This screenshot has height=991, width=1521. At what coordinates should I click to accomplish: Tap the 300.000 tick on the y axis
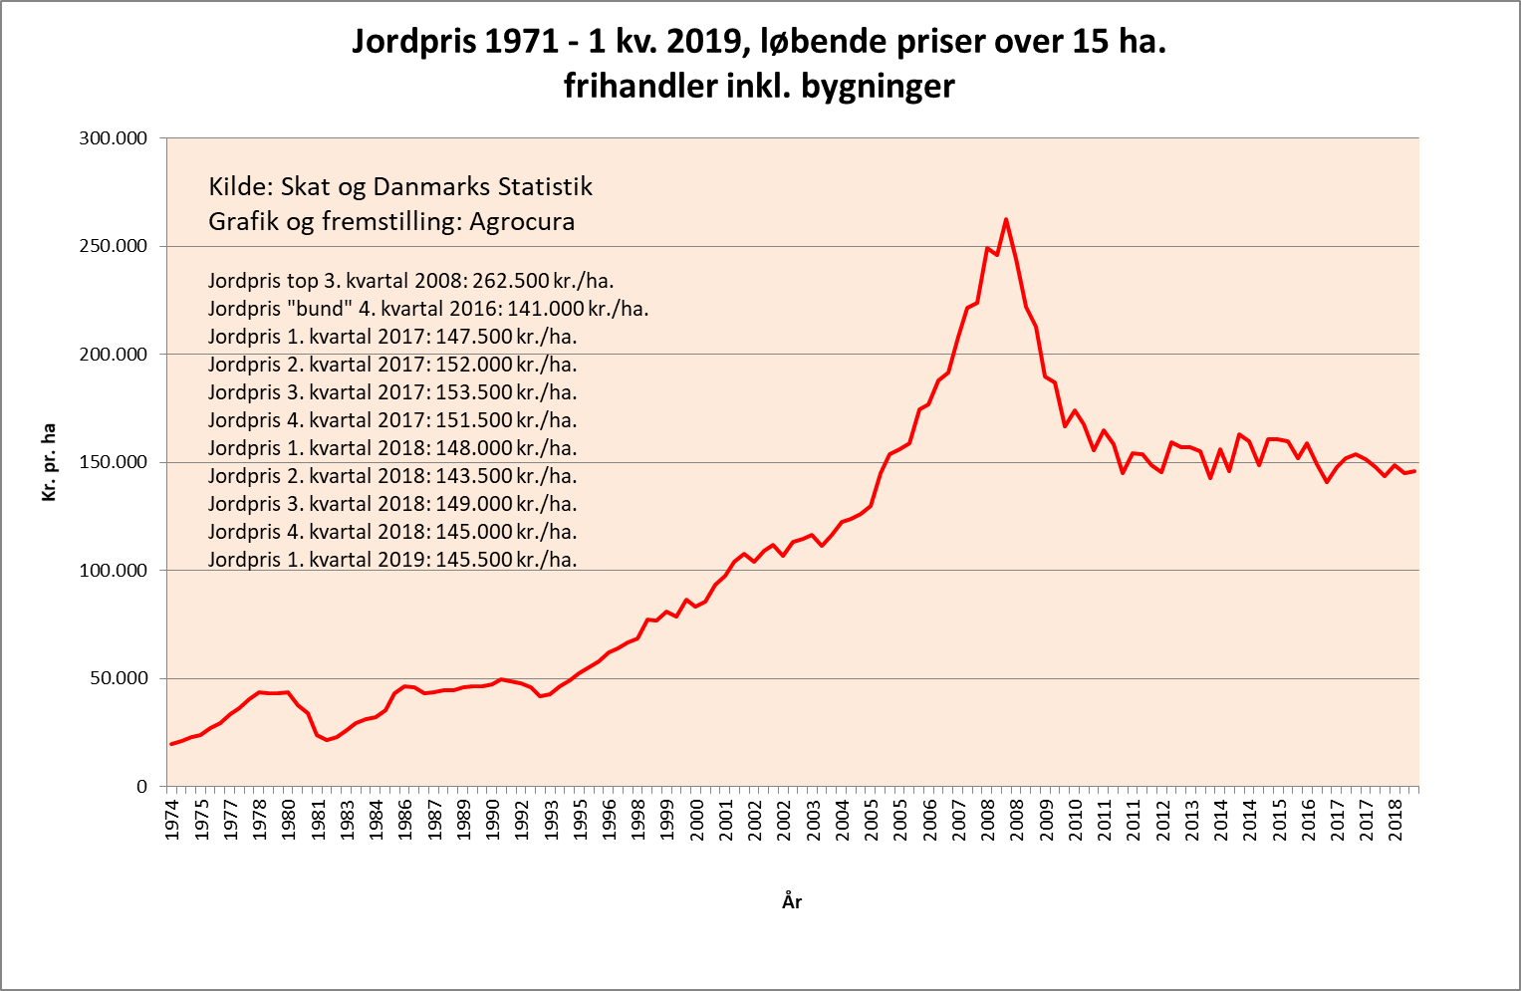[114, 138]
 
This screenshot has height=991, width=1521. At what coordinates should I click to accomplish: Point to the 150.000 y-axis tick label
[114, 462]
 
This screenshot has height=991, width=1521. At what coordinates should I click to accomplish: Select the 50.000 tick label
[118, 678]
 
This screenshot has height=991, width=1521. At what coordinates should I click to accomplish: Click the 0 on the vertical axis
[141, 787]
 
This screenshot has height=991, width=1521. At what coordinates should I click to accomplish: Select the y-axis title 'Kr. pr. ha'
[49, 462]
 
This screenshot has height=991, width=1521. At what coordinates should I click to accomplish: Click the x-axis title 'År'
[792, 902]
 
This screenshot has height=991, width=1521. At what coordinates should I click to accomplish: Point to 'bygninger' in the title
[878, 87]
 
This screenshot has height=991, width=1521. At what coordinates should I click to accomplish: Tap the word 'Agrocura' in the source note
[522, 221]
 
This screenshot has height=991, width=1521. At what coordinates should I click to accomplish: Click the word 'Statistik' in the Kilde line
[544, 186]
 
